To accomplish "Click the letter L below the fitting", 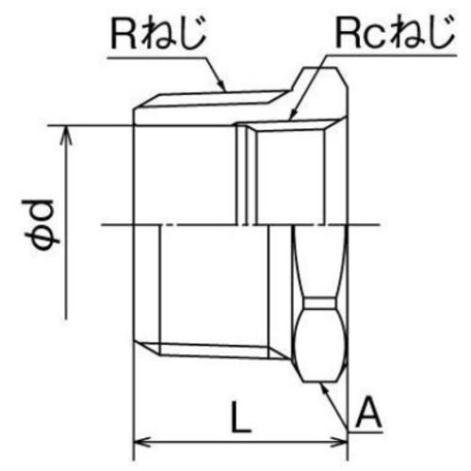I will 242,416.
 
